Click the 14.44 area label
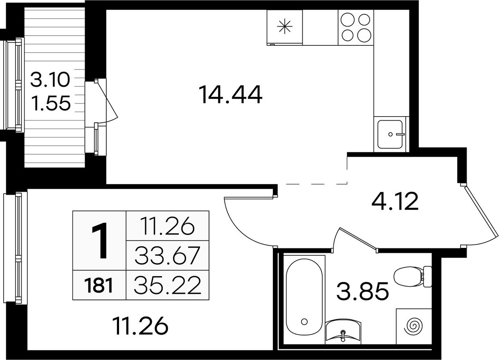tap(230, 94)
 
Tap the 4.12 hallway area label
tap(395, 201)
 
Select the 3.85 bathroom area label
tap(362, 291)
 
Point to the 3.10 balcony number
tap(50, 79)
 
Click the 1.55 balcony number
tap(51, 103)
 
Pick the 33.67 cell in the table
tap(167, 255)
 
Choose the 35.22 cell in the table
tap(167, 285)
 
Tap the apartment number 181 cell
tap(99, 285)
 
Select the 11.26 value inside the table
tap(168, 226)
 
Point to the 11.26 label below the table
tap(140, 326)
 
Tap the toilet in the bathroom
tap(413, 277)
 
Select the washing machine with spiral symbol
tap(414, 326)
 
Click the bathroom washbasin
tap(343, 333)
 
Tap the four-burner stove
tap(356, 27)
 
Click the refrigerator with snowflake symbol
tap(285, 27)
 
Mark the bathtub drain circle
tap(304, 322)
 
